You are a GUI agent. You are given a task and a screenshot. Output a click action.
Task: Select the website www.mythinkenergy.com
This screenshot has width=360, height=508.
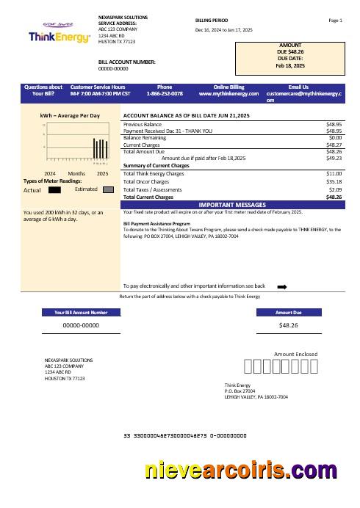(229, 94)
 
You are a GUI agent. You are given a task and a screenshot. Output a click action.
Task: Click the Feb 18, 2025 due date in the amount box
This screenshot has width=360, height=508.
(289, 65)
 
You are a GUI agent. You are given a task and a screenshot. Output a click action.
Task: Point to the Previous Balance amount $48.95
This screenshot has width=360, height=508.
(334, 125)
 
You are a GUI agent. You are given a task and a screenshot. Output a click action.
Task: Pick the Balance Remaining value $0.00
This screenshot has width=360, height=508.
(336, 137)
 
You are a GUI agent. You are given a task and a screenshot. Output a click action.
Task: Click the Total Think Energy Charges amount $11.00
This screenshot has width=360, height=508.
(334, 173)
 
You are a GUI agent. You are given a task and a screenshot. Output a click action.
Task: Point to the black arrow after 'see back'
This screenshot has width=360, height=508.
(281, 286)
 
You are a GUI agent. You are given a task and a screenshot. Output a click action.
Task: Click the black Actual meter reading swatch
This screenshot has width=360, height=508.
(54, 189)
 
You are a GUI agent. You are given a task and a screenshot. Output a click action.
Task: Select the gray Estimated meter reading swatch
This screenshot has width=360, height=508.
(108, 189)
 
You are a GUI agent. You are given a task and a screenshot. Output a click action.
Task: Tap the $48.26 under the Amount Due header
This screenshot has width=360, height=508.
(289, 324)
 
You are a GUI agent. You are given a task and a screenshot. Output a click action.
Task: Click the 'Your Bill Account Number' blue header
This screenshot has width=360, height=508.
(82, 312)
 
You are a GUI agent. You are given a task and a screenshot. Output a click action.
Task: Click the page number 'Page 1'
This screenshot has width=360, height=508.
(336, 21)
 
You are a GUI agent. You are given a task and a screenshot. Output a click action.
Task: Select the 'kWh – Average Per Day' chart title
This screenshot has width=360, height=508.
(70, 116)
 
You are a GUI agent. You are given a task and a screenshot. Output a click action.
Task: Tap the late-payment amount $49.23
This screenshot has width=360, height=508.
(334, 158)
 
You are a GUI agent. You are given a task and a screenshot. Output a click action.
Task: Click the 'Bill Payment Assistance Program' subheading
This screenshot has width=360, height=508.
(157, 222)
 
